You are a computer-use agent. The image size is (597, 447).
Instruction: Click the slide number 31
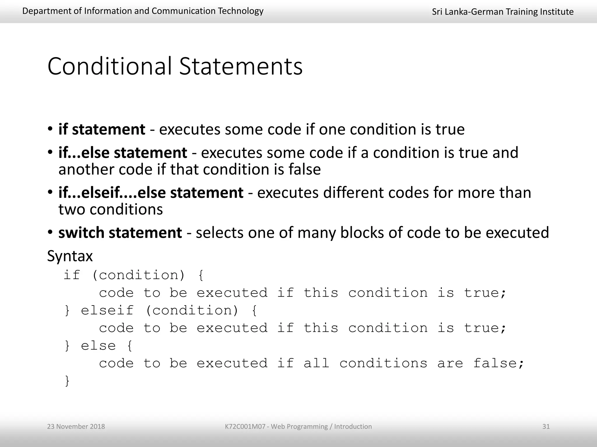point(546,427)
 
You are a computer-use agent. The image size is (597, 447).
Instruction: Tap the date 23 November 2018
point(76,427)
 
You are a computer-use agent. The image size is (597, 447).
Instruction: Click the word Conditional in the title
point(109,66)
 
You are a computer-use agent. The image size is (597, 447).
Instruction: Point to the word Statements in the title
point(241,66)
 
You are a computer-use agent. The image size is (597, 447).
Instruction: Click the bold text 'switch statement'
point(120,233)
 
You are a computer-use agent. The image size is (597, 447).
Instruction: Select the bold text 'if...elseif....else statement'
point(151,193)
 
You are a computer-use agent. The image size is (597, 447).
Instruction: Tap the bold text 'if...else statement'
point(122,153)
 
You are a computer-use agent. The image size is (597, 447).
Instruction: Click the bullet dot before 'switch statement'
point(50,232)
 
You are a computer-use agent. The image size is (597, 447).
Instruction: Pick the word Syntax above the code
point(70,256)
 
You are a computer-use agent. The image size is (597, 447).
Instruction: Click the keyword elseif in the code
point(107,311)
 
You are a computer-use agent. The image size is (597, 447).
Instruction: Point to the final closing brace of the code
point(67,381)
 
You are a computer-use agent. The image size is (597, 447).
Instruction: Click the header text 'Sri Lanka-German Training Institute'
point(503,12)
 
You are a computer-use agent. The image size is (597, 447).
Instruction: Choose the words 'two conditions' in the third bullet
point(110,210)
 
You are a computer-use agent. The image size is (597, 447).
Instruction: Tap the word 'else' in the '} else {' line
point(98,346)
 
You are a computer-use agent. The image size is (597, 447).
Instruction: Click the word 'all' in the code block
point(316,363)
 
